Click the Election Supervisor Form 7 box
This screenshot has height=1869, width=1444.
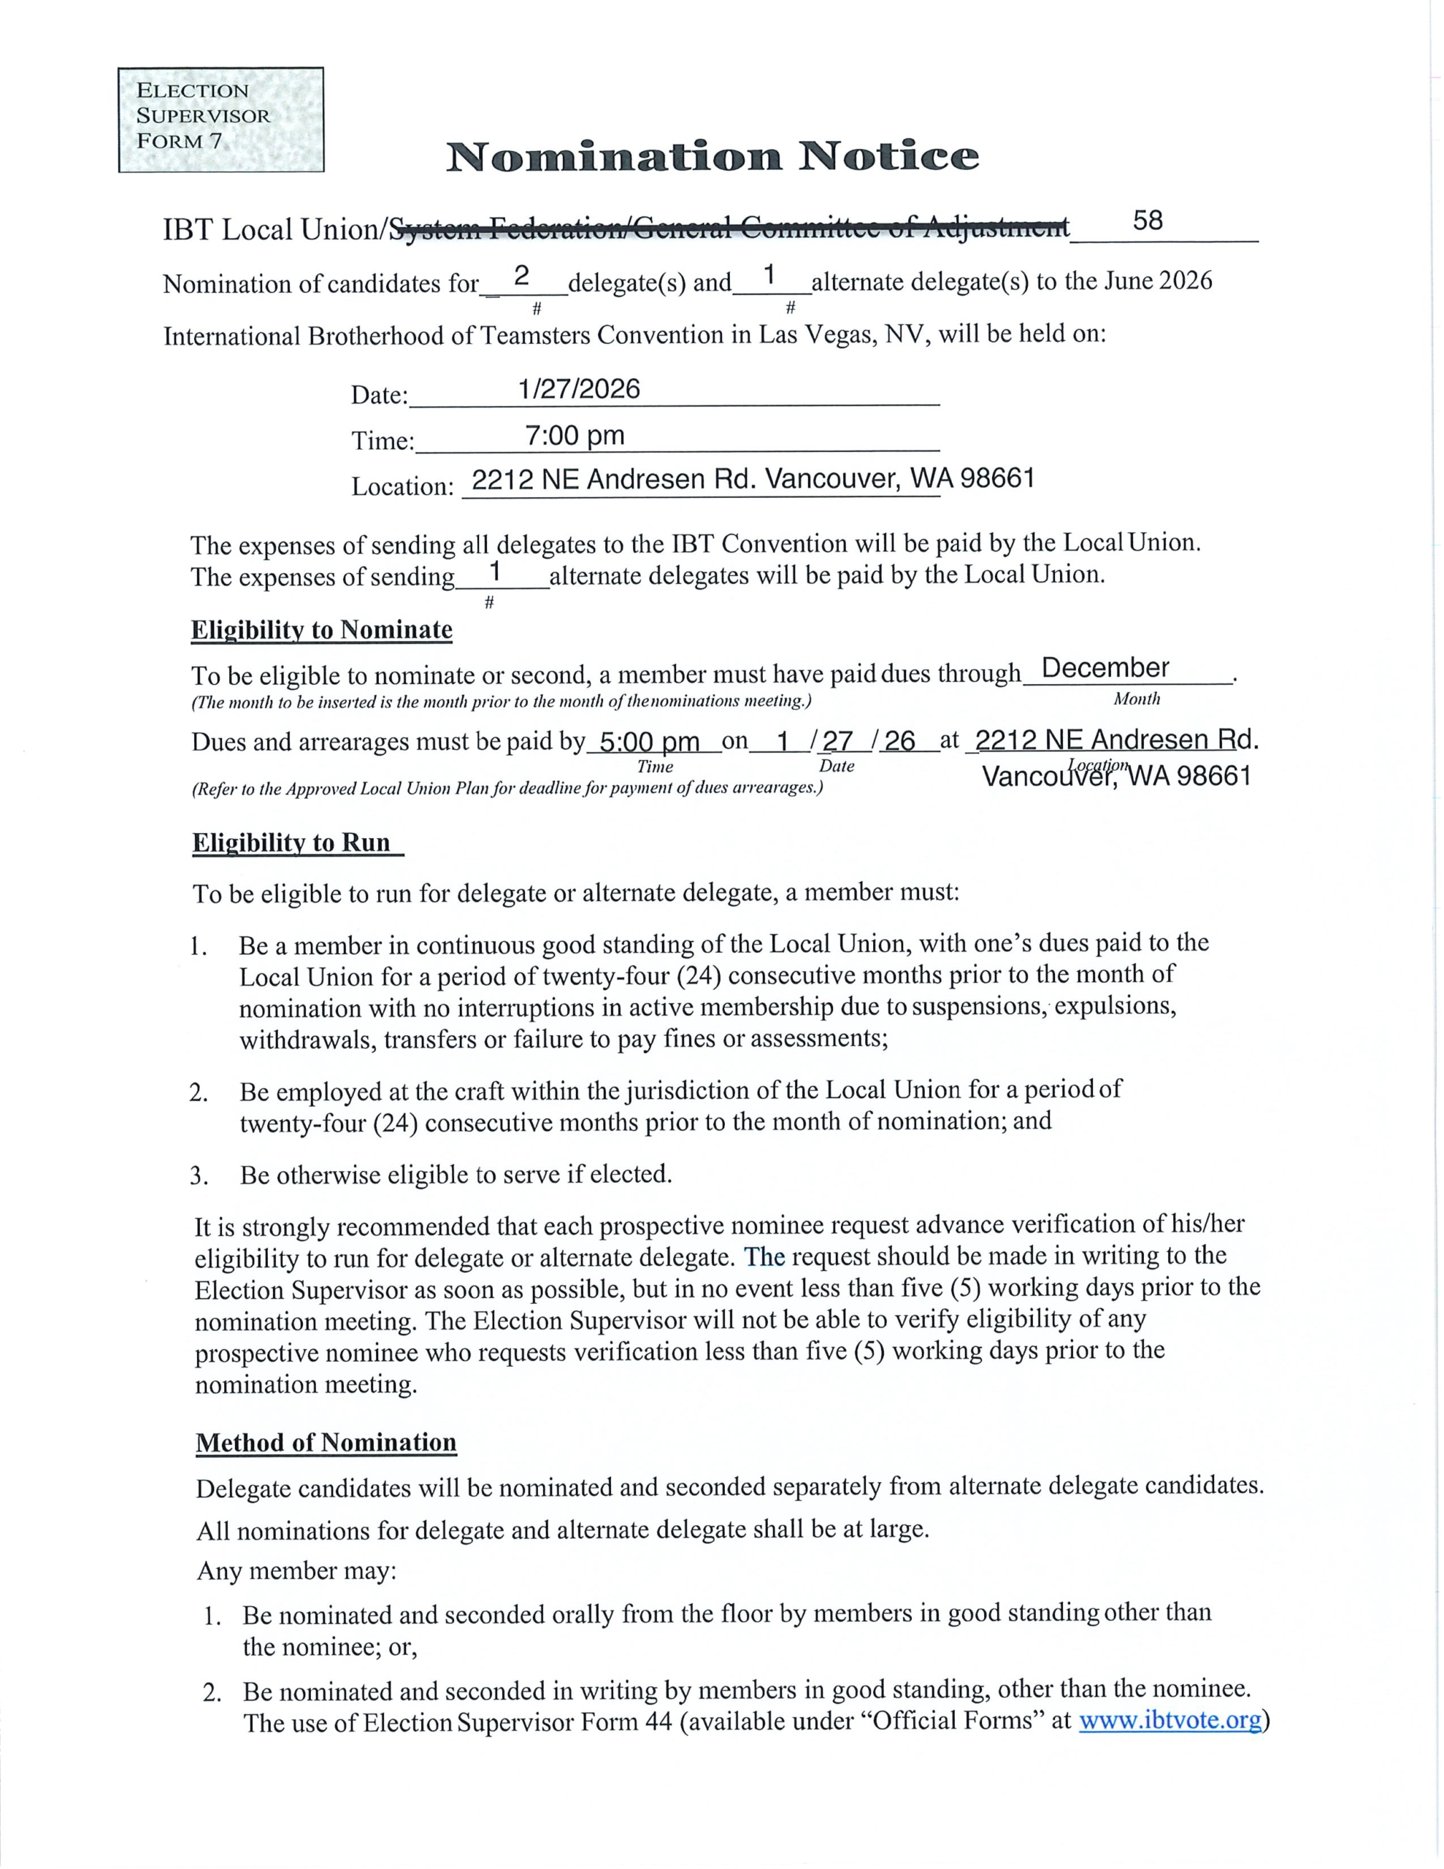(221, 119)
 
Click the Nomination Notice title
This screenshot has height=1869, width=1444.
(713, 157)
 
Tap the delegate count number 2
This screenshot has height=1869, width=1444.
(521, 275)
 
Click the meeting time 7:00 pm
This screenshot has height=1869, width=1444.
(575, 436)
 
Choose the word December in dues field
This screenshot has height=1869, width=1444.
(1105, 667)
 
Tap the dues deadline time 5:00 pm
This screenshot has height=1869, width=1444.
(650, 741)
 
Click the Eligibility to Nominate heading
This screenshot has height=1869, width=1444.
(322, 630)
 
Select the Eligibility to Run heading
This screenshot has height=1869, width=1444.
(292, 843)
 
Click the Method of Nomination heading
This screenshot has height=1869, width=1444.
(326, 1442)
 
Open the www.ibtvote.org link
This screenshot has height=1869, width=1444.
(1170, 1720)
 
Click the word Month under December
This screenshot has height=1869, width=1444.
(1137, 699)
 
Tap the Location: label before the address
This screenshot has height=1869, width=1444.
(402, 486)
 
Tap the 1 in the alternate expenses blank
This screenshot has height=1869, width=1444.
(494, 569)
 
